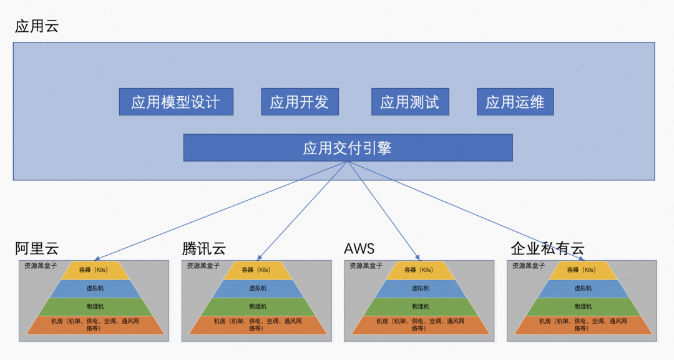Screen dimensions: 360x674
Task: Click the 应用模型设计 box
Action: coord(176,102)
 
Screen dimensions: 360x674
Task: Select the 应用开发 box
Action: coord(300,102)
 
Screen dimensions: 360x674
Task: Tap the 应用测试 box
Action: coord(410,102)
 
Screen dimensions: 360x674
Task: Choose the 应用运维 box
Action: coord(515,102)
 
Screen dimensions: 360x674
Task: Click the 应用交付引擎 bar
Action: coord(348,148)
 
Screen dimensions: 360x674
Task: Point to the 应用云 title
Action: coord(36,26)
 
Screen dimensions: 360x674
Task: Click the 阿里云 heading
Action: coord(36,248)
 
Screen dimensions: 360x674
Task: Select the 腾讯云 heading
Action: coord(203,248)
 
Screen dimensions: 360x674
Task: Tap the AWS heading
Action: coord(359,248)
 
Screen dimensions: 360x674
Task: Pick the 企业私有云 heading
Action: coord(547,248)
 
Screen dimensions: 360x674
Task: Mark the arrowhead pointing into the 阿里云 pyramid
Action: coord(97,259)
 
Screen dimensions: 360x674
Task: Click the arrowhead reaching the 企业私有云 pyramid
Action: coord(581,259)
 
